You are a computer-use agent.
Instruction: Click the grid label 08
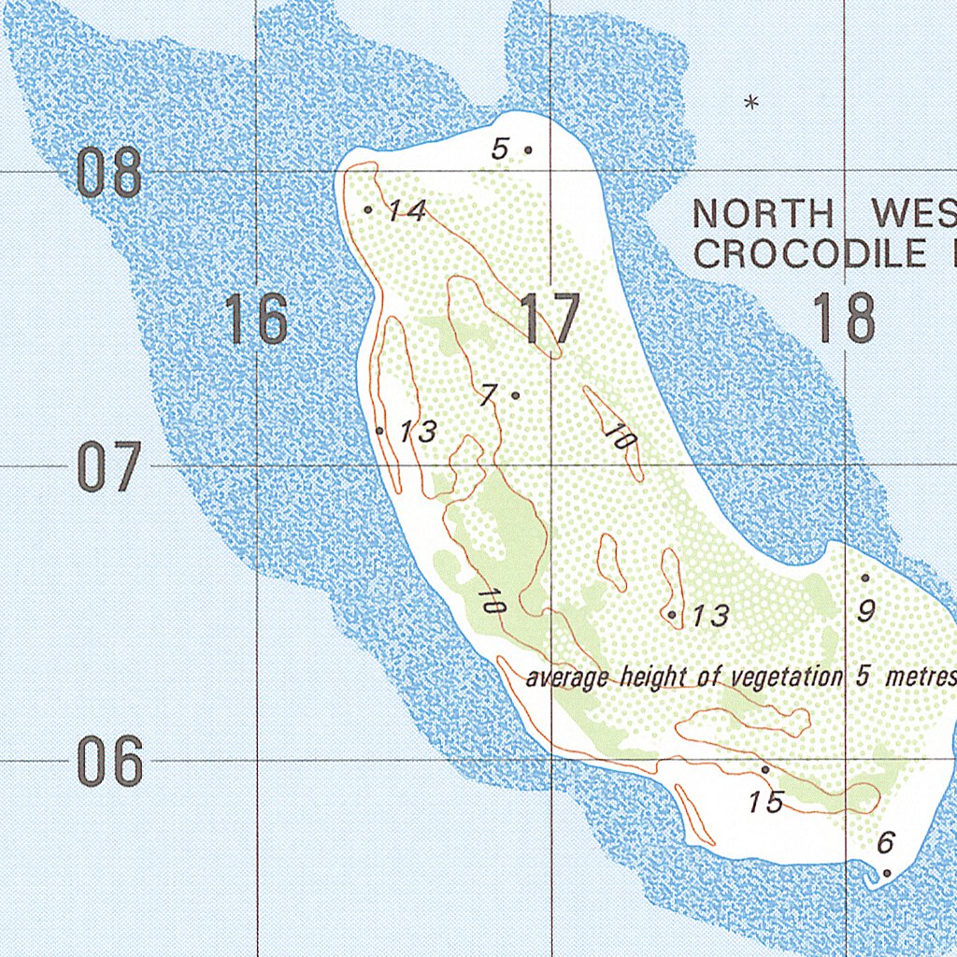(109, 173)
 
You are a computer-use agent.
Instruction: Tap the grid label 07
(109, 468)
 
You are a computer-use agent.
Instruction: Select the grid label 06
(109, 762)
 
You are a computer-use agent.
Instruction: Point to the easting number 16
(257, 319)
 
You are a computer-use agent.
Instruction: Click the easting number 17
(550, 319)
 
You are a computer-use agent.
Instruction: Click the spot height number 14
(407, 211)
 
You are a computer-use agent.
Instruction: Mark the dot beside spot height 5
(528, 150)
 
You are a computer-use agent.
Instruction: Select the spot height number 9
(866, 611)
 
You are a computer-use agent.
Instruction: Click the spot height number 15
(765, 802)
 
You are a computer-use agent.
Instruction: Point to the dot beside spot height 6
(887, 873)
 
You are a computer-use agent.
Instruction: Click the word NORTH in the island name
(762, 215)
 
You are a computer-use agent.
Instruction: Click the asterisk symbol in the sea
(750, 103)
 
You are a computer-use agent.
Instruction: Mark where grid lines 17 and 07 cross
(550, 465)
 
